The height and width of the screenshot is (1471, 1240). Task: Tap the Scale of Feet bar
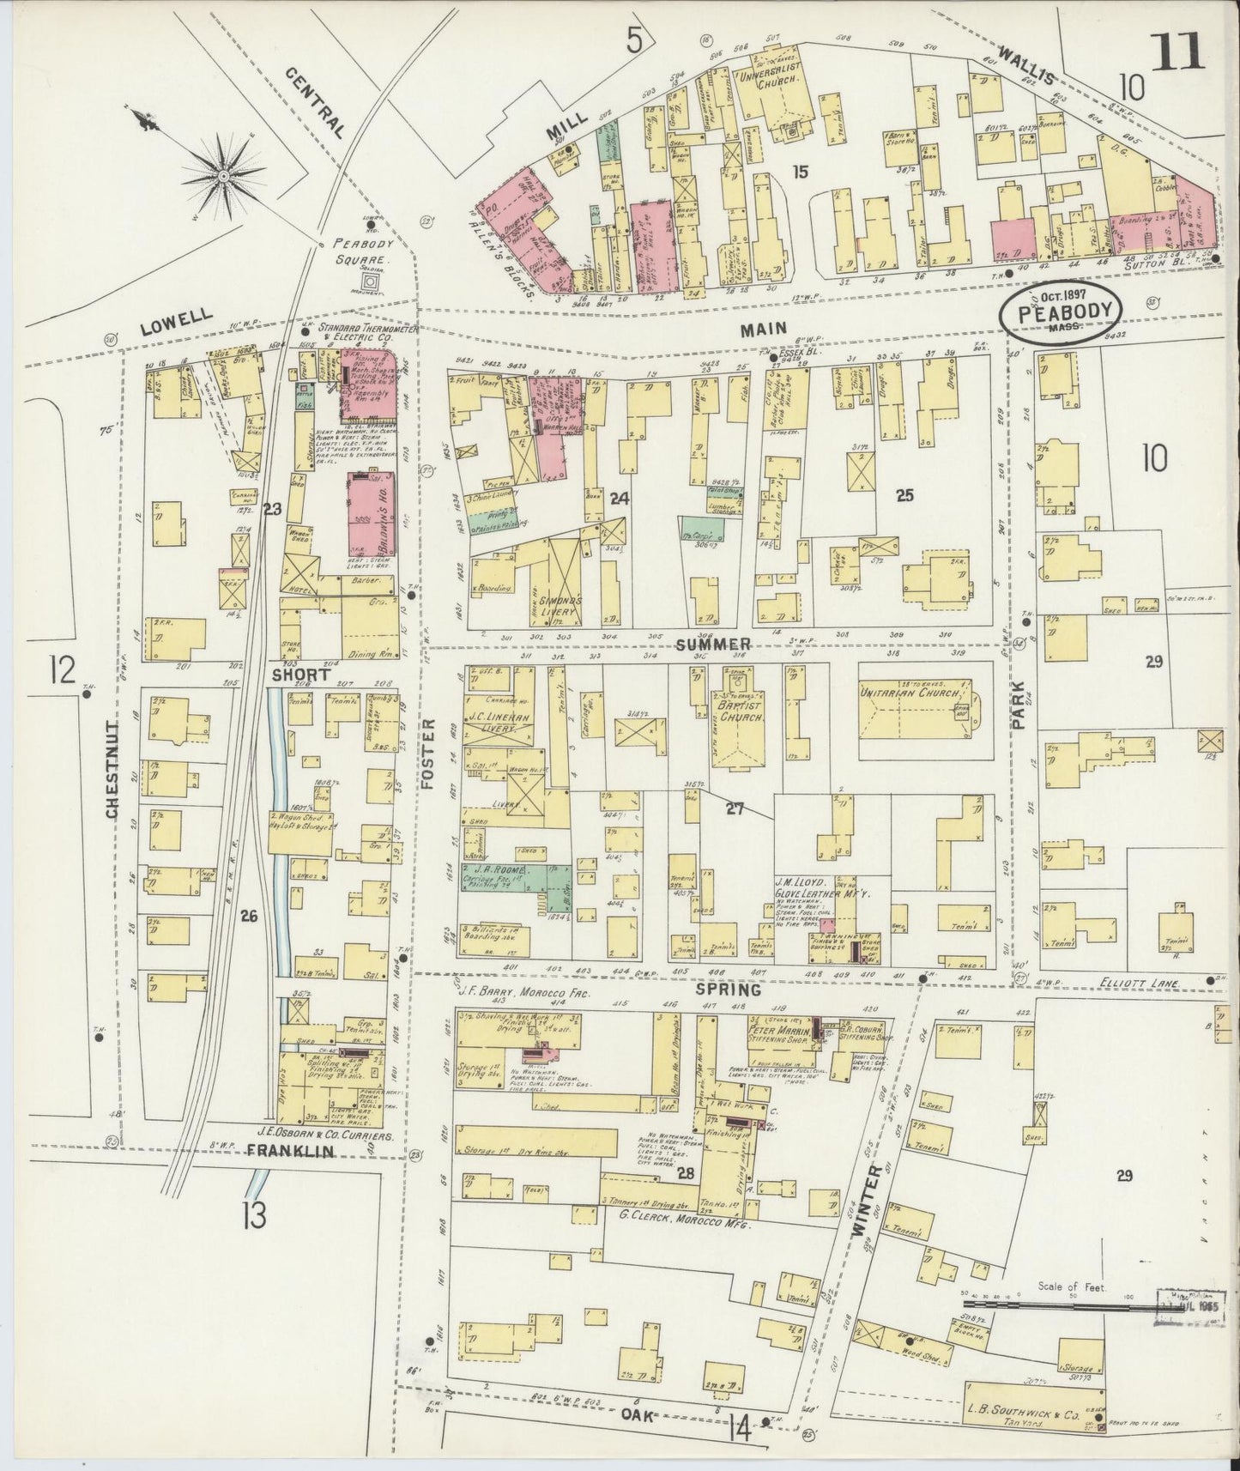pyautogui.click(x=1060, y=1306)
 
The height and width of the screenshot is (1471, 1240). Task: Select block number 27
pyautogui.click(x=734, y=808)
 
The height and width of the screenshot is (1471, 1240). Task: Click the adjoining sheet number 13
pyautogui.click(x=255, y=1214)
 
